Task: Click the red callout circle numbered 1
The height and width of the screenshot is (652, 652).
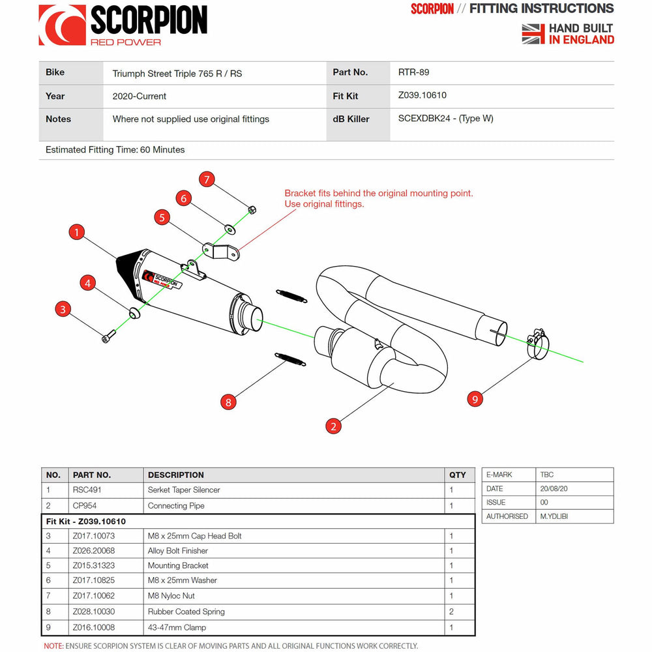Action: click(77, 231)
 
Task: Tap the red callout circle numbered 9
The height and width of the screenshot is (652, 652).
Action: click(475, 399)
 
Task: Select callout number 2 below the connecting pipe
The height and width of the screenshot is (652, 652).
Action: click(333, 426)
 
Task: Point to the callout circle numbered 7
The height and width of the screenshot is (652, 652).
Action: click(207, 179)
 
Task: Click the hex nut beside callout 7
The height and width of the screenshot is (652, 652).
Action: click(252, 209)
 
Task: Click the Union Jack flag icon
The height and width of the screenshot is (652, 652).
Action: click(533, 34)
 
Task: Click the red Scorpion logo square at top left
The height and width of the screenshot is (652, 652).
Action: click(62, 25)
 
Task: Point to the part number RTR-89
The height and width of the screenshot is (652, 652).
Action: click(413, 72)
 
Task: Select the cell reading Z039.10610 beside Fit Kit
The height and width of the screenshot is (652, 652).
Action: click(422, 96)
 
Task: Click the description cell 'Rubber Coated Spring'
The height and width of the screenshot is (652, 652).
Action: click(186, 612)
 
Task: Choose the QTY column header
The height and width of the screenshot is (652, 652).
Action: click(458, 475)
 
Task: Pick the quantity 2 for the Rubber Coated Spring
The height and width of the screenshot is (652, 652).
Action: click(451, 612)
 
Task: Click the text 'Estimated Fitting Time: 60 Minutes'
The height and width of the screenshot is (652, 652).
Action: click(115, 149)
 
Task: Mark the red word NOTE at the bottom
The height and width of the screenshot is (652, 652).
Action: click(53, 645)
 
